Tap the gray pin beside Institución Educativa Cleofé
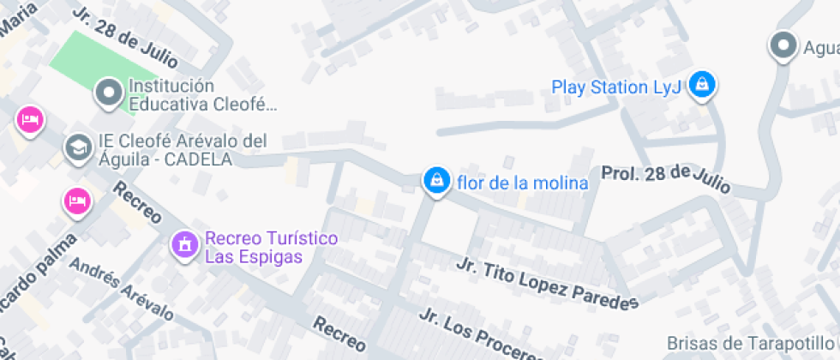tap(109, 92)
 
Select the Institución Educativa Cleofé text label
tap(202, 95)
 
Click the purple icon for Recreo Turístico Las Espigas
tap(183, 244)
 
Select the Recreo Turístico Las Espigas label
tap(270, 247)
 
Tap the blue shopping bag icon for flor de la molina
tap(436, 181)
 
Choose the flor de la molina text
tap(523, 183)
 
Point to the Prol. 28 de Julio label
tap(665, 177)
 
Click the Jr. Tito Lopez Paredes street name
tap(549, 283)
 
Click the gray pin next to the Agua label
tap(783, 46)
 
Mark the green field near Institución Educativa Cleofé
tap(86, 64)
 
